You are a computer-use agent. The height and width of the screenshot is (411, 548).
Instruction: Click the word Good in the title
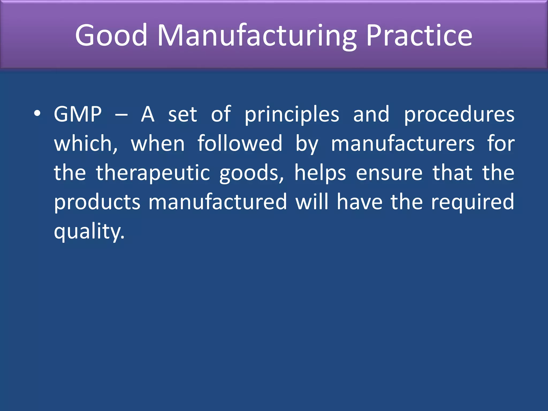(x=111, y=35)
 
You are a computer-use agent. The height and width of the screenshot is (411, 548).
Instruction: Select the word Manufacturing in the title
(x=257, y=35)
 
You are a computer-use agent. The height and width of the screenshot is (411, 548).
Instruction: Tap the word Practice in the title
(x=419, y=35)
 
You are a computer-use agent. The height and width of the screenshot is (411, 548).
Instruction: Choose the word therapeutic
(x=153, y=173)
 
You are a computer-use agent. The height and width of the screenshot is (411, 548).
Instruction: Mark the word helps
(x=320, y=173)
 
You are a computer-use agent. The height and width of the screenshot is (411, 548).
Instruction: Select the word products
(x=97, y=202)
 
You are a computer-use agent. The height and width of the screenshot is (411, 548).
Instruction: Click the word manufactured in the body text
(x=218, y=202)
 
